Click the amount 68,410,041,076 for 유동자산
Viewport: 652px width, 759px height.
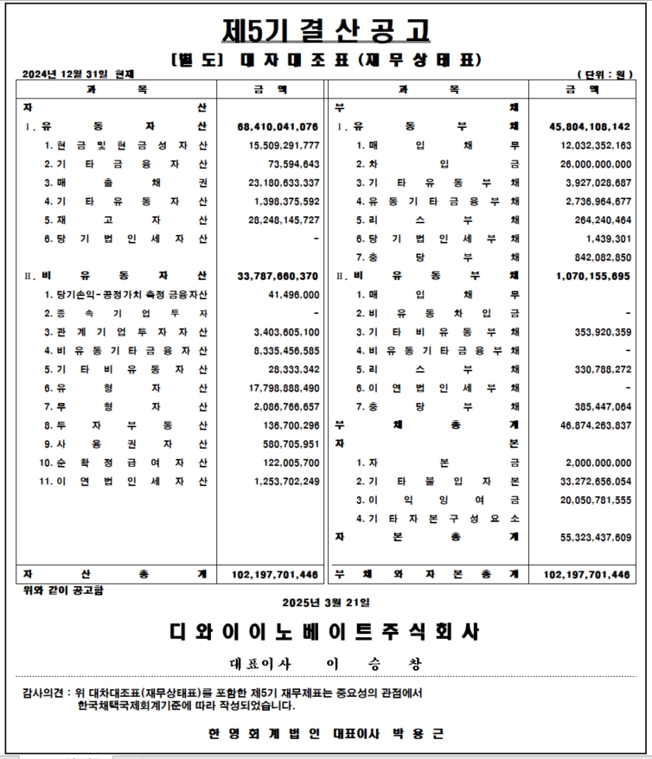278,126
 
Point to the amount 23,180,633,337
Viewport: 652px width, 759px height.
278,182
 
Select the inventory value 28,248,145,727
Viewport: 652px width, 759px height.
278,220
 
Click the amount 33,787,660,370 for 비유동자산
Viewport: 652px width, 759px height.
278,276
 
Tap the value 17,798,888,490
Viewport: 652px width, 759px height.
278,388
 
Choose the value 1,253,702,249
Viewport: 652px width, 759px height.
278,482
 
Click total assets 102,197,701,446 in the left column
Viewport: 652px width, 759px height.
276,575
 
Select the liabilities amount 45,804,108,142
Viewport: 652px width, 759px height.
590,126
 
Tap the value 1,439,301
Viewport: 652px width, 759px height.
605,238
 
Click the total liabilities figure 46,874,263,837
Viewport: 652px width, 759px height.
590,425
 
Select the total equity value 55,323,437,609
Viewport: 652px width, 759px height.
590,537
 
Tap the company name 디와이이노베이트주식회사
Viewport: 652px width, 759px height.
326,632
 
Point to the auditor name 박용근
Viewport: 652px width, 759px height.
424,733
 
